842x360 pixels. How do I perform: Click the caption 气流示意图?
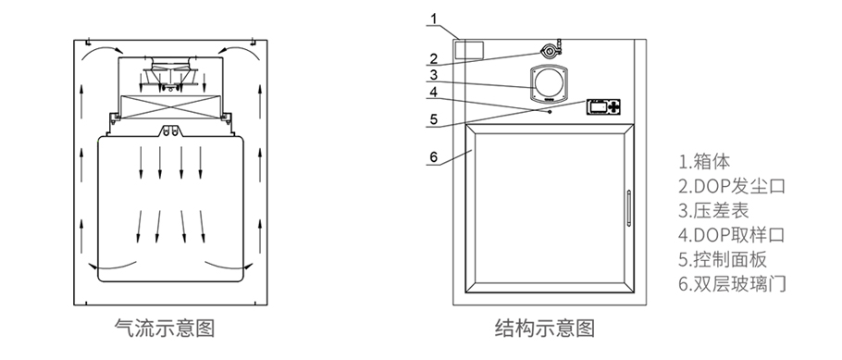click(168, 329)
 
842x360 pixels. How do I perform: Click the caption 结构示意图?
click(545, 329)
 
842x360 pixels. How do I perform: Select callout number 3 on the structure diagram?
click(433, 74)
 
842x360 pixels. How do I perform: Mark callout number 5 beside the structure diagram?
click(433, 118)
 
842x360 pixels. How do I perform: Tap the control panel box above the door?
click(601, 106)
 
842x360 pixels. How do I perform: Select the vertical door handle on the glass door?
click(628, 207)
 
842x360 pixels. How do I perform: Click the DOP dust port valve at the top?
click(552, 50)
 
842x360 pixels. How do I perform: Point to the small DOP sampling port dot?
click(551, 111)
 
